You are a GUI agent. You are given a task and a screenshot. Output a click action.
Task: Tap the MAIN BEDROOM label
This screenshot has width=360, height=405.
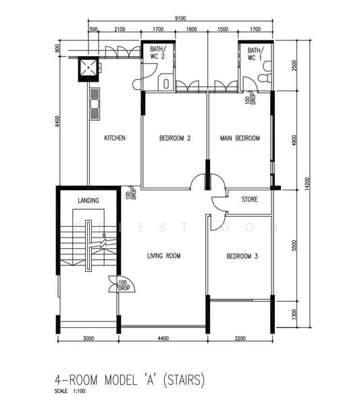240,138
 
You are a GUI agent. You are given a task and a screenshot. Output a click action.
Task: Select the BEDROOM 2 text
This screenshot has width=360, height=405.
174,138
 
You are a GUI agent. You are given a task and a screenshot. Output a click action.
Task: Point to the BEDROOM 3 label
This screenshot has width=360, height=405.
241,256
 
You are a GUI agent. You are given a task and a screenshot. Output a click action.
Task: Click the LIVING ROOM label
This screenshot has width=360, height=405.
164,256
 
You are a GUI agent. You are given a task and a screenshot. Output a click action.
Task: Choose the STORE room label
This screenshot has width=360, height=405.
249,199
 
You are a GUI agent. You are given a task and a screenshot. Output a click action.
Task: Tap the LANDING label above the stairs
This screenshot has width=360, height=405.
88,200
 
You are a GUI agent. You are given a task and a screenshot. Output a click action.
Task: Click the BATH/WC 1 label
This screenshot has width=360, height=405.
255,54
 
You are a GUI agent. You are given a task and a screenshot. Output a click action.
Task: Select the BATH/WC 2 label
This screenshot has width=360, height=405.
157,54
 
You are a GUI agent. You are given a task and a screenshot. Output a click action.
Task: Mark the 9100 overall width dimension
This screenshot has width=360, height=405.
180,19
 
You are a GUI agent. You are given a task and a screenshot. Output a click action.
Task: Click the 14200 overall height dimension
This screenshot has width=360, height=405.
307,185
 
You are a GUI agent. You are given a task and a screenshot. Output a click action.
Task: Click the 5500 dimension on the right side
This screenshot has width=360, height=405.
294,246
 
